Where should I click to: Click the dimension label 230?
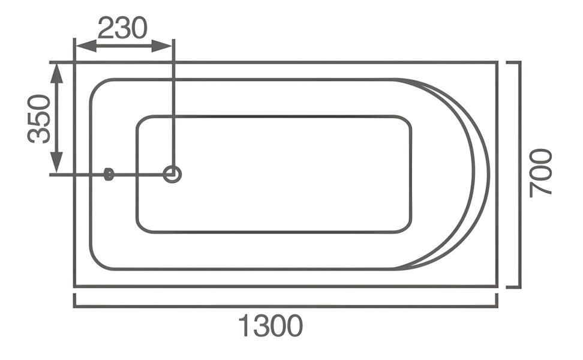click(x=123, y=28)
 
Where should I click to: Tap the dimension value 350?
click(x=39, y=119)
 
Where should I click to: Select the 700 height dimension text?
click(x=540, y=173)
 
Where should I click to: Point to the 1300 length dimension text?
click(x=271, y=326)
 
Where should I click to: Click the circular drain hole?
click(x=172, y=174)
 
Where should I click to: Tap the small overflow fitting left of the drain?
click(x=109, y=174)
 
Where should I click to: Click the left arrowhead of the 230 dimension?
click(x=86, y=46)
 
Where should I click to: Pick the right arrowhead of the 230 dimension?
click(x=162, y=46)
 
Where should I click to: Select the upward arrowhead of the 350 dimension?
click(x=56, y=73)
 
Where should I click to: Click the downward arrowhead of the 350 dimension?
click(x=56, y=162)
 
